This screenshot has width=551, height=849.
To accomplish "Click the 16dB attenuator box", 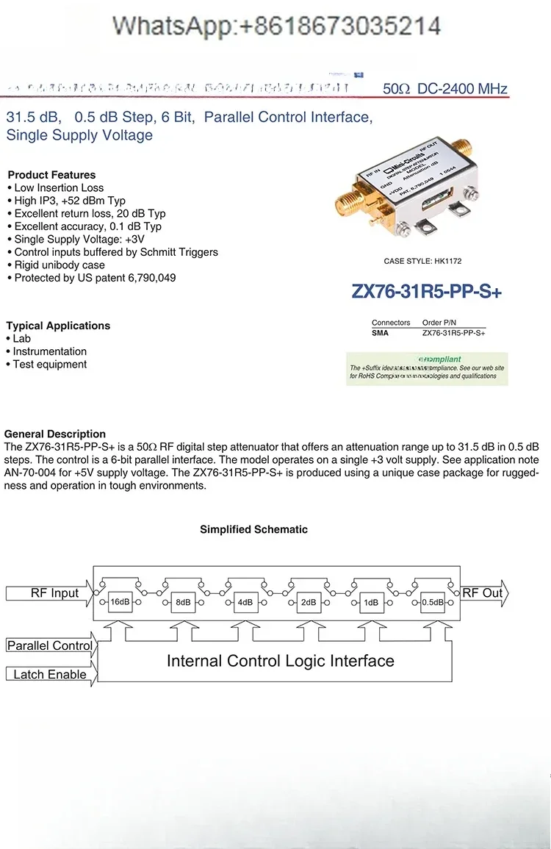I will pyautogui.click(x=119, y=602).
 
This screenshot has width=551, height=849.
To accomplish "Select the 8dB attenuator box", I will pyautogui.click(x=182, y=603).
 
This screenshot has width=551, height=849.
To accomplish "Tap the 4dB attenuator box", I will pyautogui.click(x=245, y=603).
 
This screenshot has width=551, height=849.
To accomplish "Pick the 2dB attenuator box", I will pyautogui.click(x=308, y=603).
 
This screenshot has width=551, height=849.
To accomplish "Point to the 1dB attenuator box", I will pyautogui.click(x=370, y=603).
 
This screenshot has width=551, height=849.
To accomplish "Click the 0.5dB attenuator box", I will pyautogui.click(x=433, y=603).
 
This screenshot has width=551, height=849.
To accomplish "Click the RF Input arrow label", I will pyautogui.click(x=54, y=593).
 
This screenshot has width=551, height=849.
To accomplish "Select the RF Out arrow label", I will pyautogui.click(x=483, y=593).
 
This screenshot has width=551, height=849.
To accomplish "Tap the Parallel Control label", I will pyautogui.click(x=50, y=645).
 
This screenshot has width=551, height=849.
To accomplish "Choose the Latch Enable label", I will pyautogui.click(x=50, y=674).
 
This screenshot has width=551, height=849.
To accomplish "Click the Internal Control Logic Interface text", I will pyautogui.click(x=280, y=661).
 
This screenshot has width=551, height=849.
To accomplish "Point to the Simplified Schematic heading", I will pyautogui.click(x=253, y=529).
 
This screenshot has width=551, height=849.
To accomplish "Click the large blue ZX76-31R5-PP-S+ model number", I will pyautogui.click(x=426, y=292).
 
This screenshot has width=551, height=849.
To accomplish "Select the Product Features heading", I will pyautogui.click(x=51, y=175).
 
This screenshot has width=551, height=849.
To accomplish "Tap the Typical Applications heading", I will pyautogui.click(x=58, y=326).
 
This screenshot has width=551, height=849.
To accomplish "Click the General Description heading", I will pyautogui.click(x=55, y=434).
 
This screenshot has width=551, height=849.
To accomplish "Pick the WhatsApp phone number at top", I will pyautogui.click(x=276, y=26).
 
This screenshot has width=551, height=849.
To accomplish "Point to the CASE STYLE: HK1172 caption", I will pyautogui.click(x=422, y=261).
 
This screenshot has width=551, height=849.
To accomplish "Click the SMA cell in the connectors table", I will pyautogui.click(x=381, y=333).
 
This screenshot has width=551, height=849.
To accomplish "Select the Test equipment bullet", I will pyautogui.click(x=49, y=365).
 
